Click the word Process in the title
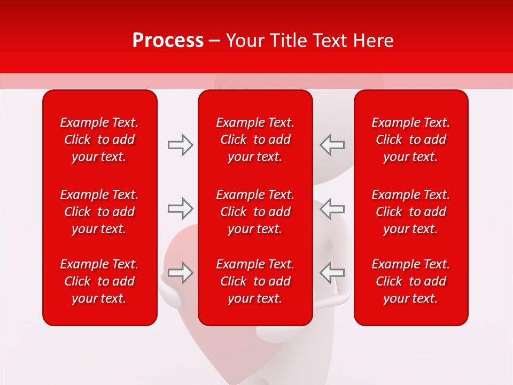168,41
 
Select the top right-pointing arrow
180,145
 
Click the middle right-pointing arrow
180,209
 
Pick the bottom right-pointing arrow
180,273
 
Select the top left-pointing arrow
332,145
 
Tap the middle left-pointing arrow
332,209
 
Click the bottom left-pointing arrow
332,273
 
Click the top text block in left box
99,140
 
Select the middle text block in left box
99,212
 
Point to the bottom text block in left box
99,281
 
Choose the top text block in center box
255,140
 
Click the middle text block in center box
255,212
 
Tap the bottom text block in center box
255,281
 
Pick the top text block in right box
410,140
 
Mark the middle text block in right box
410,212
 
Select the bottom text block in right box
410,281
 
